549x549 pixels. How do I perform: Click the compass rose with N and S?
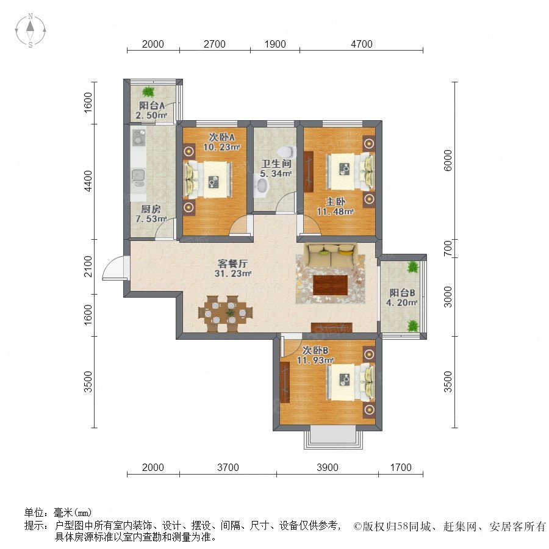pos(30,30)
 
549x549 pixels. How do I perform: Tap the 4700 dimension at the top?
pos(362,44)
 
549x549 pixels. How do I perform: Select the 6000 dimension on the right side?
pos(448,160)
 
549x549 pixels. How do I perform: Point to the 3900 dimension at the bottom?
pos(328,467)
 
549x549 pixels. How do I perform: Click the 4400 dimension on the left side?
pos(88,181)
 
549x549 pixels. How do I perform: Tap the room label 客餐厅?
pos(233,264)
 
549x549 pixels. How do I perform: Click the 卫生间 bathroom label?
pos(276,163)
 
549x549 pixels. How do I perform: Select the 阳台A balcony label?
pos(152,106)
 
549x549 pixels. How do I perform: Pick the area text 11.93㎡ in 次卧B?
pos(315,361)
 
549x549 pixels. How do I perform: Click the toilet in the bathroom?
pos(287,152)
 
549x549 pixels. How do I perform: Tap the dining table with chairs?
pos(226,314)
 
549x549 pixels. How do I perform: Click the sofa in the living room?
pos(331,255)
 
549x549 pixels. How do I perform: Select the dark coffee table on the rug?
pos(331,285)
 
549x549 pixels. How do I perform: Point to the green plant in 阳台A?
pos(148,91)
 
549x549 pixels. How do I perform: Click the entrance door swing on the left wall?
pos(114,268)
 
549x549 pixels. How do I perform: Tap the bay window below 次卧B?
pos(332,437)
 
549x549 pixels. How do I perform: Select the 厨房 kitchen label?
pos(151,209)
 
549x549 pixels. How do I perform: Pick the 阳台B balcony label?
pos(403,293)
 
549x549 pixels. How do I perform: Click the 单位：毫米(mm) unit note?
pos(58,512)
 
